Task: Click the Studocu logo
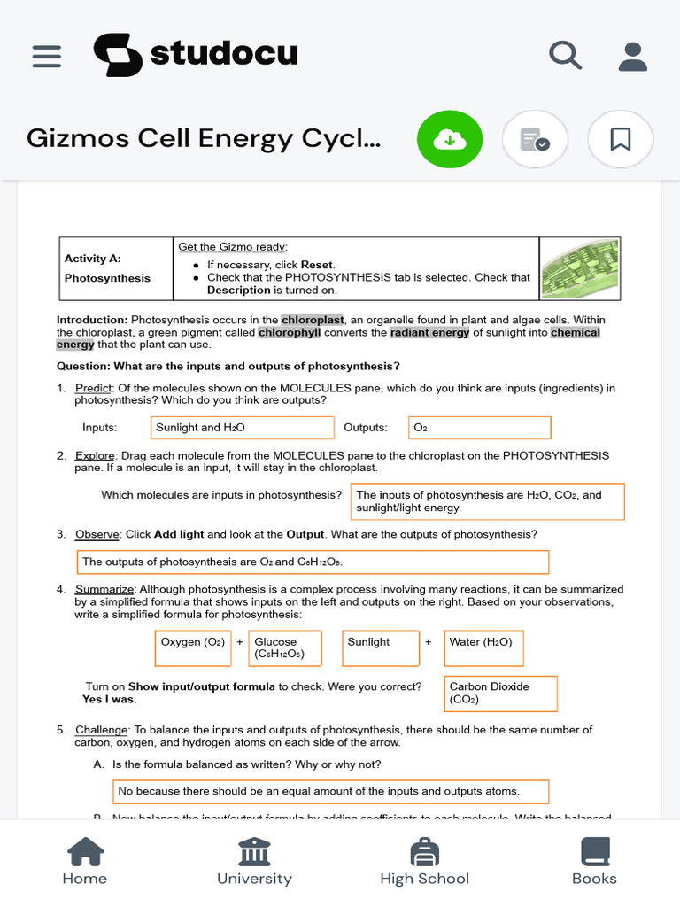196,55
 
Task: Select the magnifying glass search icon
565,56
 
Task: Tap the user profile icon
632,56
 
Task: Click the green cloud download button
450,139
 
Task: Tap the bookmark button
620,139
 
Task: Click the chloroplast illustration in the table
580,267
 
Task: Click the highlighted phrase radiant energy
431,332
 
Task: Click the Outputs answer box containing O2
479,428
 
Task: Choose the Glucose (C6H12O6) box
285,647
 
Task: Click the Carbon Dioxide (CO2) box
500,694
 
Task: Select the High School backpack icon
424,853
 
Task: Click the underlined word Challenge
96,730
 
